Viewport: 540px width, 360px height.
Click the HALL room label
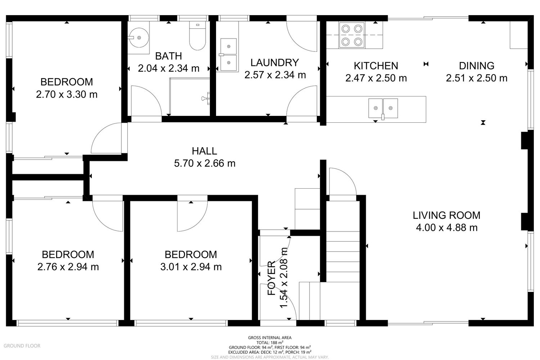pyautogui.click(x=204, y=151)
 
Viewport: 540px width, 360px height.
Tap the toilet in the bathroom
pyautogui.click(x=197, y=36)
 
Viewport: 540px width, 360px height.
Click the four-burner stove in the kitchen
pyautogui.click(x=352, y=35)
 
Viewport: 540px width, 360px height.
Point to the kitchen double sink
pyautogui.click(x=383, y=108)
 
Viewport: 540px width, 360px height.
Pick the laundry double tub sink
pyautogui.click(x=228, y=55)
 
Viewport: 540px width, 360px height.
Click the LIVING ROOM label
pyautogui.click(x=446, y=215)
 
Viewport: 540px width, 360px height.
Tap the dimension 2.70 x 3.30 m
pyautogui.click(x=67, y=94)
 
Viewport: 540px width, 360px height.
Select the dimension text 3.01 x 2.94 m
pyautogui.click(x=191, y=267)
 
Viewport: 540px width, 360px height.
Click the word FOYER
pyautogui.click(x=272, y=278)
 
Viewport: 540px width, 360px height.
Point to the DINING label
pyautogui.click(x=477, y=66)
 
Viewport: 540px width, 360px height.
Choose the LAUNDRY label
pyautogui.click(x=275, y=63)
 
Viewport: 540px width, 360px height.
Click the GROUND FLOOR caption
pyautogui.click(x=22, y=346)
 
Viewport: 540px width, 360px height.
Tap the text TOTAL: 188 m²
pyautogui.click(x=270, y=342)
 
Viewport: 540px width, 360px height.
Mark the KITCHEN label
pyautogui.click(x=376, y=66)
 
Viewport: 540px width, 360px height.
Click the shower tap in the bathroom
pyautogui.click(x=206, y=98)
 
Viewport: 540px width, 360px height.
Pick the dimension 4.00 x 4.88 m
pyautogui.click(x=447, y=228)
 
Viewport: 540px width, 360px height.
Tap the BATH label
pyautogui.click(x=168, y=56)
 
